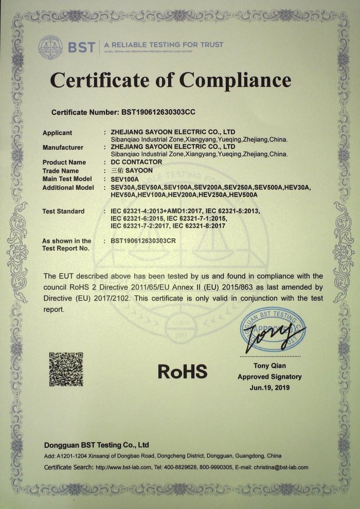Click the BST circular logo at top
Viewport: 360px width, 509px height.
(49, 46)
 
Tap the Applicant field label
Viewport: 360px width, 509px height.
(57, 133)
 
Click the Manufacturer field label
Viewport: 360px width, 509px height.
(63, 148)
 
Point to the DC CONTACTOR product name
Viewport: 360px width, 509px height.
(136, 162)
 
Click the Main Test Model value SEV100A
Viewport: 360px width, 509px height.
(125, 179)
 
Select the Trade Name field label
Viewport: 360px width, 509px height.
(60, 171)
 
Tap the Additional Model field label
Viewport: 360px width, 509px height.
(68, 187)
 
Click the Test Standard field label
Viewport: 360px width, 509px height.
(63, 212)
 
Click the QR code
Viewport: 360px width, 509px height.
(66, 369)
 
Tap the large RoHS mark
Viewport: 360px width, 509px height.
(182, 371)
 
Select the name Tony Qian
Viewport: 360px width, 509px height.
(269, 366)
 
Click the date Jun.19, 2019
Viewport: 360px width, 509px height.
(269, 387)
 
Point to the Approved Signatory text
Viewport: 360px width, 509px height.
(269, 377)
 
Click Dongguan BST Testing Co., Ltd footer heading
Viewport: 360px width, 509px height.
(96, 444)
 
